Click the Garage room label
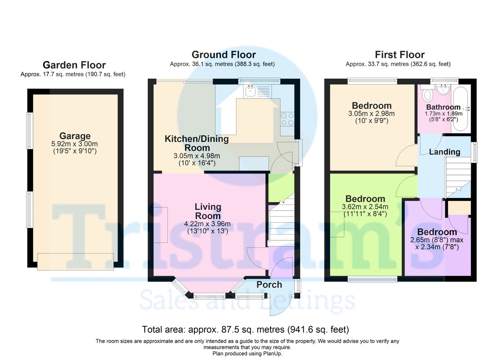[x=75, y=136]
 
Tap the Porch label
[x=269, y=285]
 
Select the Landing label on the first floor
[x=445, y=152]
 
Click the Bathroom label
[x=443, y=107]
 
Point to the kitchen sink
[x=250, y=91]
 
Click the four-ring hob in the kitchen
[x=287, y=119]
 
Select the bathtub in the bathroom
[x=460, y=109]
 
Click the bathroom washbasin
[x=443, y=90]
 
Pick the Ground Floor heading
[x=224, y=54]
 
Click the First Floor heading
[x=400, y=54]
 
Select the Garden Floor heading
[x=74, y=65]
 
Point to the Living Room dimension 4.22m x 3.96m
[x=207, y=224]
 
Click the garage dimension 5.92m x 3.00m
[x=75, y=144]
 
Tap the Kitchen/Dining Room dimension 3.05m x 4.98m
[x=197, y=156]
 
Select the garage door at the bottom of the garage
[x=75, y=262]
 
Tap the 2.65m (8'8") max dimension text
[x=437, y=240]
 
